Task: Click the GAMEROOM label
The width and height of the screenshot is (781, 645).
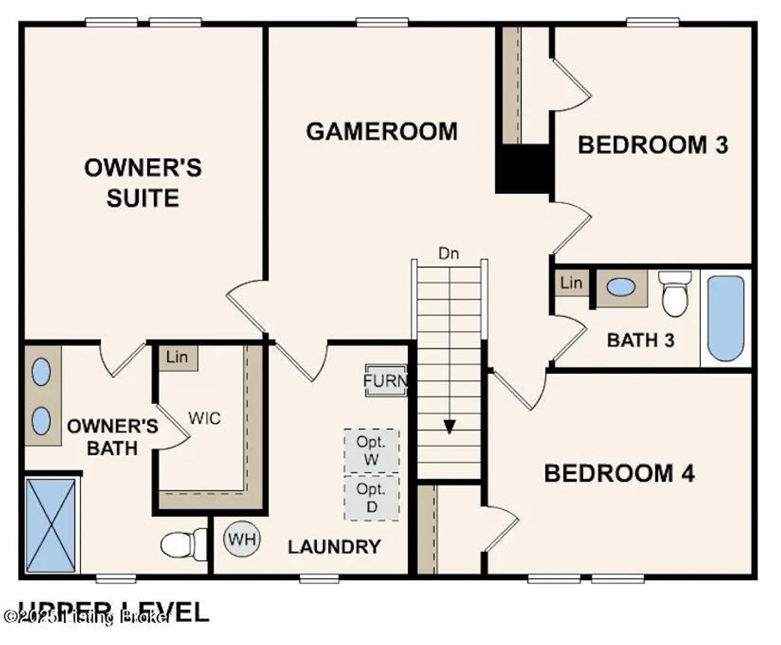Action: pyautogui.click(x=381, y=131)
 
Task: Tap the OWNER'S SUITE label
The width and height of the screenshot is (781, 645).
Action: pyautogui.click(x=143, y=183)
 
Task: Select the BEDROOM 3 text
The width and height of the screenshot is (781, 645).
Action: pyautogui.click(x=653, y=144)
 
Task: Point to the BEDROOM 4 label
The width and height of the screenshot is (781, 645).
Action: pyautogui.click(x=619, y=473)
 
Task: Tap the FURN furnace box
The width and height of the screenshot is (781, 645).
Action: pyautogui.click(x=386, y=380)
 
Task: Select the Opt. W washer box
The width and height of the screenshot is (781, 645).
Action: pyautogui.click(x=371, y=449)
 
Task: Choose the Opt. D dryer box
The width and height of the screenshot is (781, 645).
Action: pyautogui.click(x=371, y=497)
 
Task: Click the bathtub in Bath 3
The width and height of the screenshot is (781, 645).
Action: pyautogui.click(x=725, y=318)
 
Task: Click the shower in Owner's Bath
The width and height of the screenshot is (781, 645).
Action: pyautogui.click(x=51, y=524)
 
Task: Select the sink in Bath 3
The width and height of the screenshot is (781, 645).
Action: pyautogui.click(x=622, y=287)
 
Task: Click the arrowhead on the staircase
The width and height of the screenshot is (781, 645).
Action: pyautogui.click(x=449, y=426)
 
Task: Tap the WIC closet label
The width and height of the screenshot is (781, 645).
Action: pyautogui.click(x=205, y=419)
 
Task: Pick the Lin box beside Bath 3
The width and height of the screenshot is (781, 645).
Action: pyautogui.click(x=571, y=284)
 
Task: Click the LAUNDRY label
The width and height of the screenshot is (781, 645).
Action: pyautogui.click(x=333, y=546)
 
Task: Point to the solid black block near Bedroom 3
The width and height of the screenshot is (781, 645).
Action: pyautogui.click(x=523, y=168)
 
